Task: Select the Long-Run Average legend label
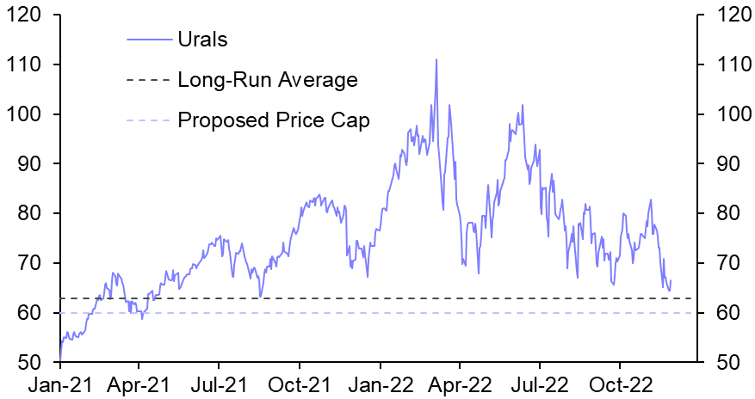click(266, 80)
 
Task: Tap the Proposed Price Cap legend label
click(273, 120)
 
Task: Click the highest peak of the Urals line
click(436, 59)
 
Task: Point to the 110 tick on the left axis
click(26, 64)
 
